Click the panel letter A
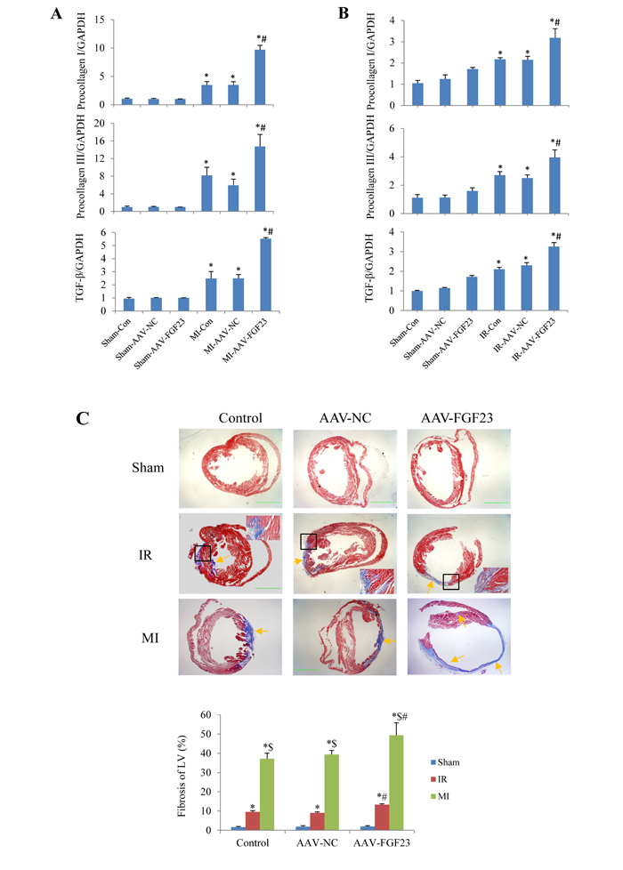pos(56,13)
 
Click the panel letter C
pos(82,418)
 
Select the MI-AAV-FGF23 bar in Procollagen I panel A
pos(259,77)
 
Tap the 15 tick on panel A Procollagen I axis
pos(100,20)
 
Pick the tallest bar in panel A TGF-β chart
pos(265,275)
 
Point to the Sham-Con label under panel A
pos(116,332)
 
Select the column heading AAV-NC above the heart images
pos(344,418)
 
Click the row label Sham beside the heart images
pos(148,468)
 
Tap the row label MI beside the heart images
pos(150,638)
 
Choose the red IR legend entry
pos(439,779)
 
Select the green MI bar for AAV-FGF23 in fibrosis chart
pos(396,782)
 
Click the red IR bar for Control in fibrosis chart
pos(253,820)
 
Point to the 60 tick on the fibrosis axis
pos(206,714)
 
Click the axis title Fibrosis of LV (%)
pos(182,777)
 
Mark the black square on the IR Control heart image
pos(203,552)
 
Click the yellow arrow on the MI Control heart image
pos(262,631)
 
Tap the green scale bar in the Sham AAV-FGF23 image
pos(496,503)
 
